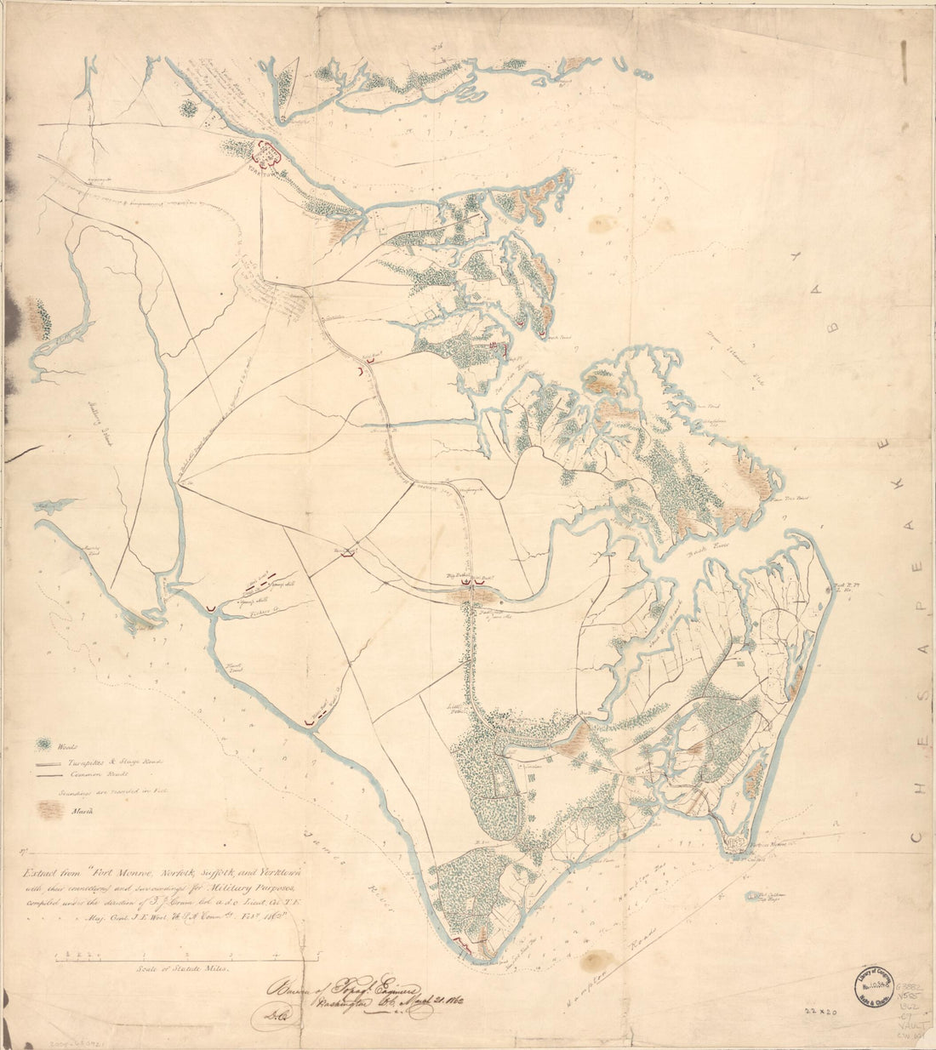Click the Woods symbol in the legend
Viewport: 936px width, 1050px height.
[43, 745]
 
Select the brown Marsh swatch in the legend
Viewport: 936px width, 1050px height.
[53, 810]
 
